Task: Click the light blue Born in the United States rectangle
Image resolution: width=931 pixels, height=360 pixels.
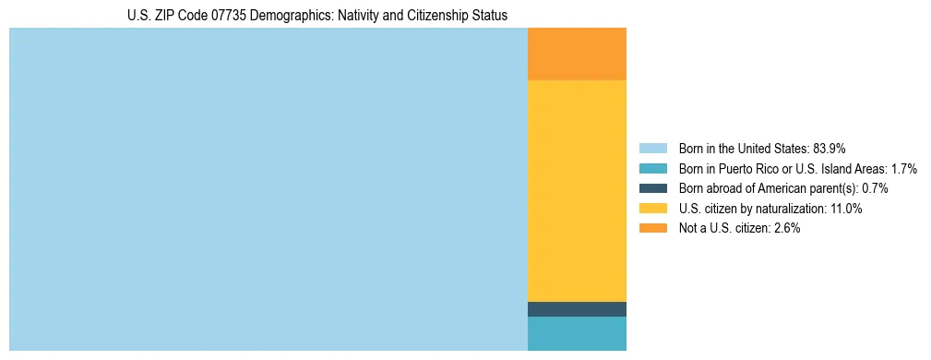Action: (268, 189)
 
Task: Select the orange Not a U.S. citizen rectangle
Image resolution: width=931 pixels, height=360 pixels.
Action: (577, 54)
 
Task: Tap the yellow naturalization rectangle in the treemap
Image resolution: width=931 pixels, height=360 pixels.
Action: (577, 191)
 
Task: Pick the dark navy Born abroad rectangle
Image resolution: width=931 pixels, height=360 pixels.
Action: (577, 309)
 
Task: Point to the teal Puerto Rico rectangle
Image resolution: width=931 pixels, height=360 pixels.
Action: (577, 333)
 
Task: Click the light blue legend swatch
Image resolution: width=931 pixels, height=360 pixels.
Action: (652, 149)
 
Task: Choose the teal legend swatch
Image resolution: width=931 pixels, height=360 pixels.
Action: (652, 169)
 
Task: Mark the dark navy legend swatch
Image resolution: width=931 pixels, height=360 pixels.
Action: (652, 188)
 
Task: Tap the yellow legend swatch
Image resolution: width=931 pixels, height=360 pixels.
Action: (652, 209)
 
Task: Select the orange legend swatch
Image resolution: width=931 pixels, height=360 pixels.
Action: (652, 228)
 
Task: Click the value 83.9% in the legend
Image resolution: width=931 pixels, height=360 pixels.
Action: (830, 149)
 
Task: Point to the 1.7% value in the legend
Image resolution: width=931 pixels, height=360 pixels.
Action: (902, 169)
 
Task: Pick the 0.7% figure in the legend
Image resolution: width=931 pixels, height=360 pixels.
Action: (875, 188)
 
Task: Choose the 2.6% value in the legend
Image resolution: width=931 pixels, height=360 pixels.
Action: (785, 228)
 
